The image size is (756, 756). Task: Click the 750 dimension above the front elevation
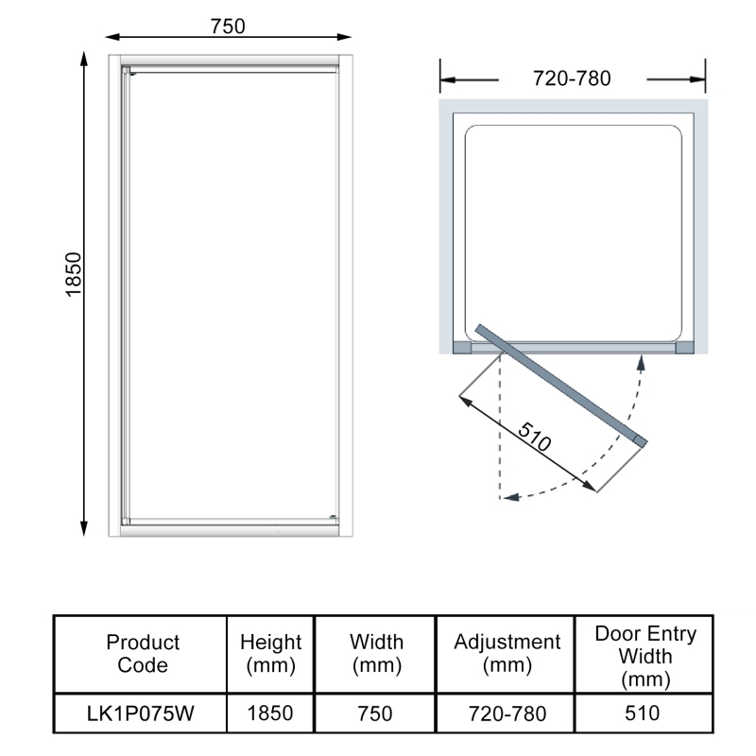[228, 26]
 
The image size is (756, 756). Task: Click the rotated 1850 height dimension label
[74, 274]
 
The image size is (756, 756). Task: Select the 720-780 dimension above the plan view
[572, 78]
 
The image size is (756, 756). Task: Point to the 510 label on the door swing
[534, 437]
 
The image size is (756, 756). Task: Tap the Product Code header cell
[143, 653]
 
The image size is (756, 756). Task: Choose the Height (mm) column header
[270, 654]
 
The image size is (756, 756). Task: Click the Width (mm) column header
[376, 653]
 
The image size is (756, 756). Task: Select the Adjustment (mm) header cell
[507, 653]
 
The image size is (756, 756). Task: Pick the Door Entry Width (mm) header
[645, 656]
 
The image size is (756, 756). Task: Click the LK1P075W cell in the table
[140, 713]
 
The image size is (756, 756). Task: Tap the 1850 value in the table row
[270, 713]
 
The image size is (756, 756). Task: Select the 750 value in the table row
[374, 713]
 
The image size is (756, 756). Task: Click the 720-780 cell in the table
[507, 713]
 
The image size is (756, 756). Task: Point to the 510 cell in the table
[643, 713]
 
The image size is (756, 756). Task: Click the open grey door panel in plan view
[561, 385]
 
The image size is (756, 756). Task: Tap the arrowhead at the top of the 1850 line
[84, 58]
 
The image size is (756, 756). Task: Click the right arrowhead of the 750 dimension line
[344, 37]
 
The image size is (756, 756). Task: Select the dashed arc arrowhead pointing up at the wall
[642, 363]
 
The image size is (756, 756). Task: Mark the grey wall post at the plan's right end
[684, 348]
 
